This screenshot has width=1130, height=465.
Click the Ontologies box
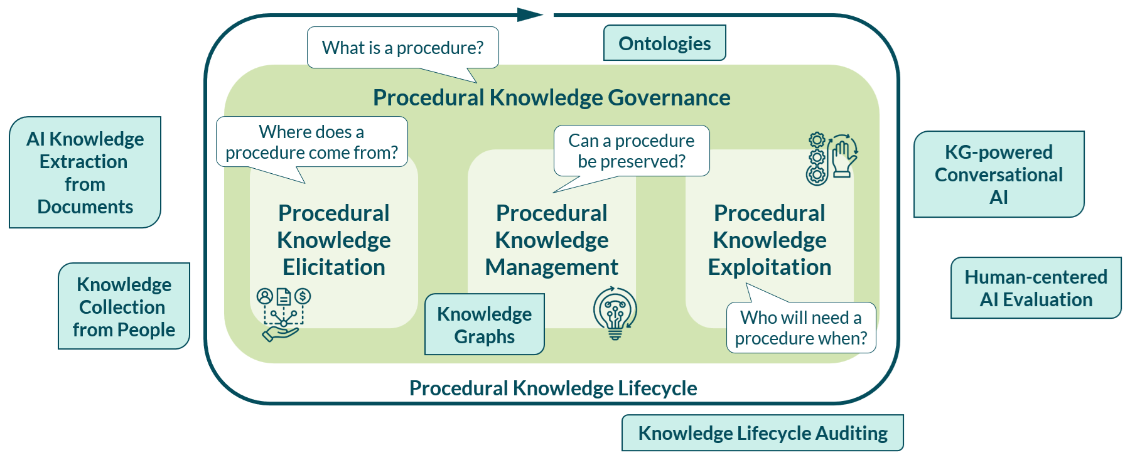(664, 43)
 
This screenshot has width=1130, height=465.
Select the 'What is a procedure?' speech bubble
(402, 48)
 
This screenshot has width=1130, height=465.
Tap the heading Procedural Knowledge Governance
(551, 98)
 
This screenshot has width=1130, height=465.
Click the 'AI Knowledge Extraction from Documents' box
(85, 172)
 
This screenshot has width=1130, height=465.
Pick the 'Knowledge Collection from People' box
(124, 306)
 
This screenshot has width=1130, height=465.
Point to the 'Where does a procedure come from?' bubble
(311, 142)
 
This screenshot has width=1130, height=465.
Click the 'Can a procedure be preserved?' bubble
(631, 151)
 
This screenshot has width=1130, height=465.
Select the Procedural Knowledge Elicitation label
(334, 240)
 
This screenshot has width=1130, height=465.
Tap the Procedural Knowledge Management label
(552, 240)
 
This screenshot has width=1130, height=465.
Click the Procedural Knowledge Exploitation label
(770, 240)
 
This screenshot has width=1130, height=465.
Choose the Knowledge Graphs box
(484, 324)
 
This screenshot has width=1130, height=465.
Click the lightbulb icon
(615, 313)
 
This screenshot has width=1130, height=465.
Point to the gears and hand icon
(832, 159)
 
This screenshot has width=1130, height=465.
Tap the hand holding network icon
(284, 314)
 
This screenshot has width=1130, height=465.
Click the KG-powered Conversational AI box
(999, 174)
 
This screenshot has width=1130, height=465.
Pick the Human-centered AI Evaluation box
(1036, 288)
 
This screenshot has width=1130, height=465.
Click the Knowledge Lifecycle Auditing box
(763, 433)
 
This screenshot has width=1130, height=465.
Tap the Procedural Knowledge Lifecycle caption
(553, 388)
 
